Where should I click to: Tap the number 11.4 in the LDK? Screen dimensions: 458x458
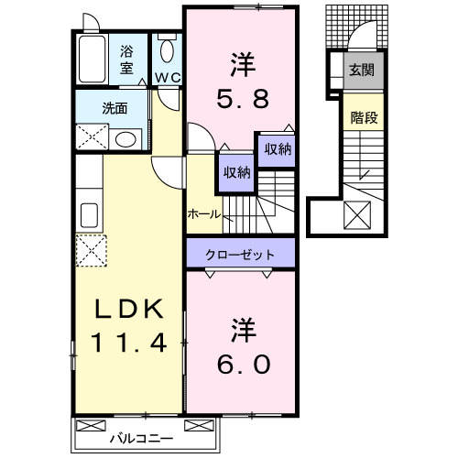coord(127,345)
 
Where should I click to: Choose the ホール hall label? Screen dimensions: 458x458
coord(202,213)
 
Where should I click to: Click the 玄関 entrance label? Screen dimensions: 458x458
coord(359,70)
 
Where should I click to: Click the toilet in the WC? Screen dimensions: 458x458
coord(167,50)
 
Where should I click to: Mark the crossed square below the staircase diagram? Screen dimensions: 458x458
coord(355,217)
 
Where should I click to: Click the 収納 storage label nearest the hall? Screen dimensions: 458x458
coord(234,171)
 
